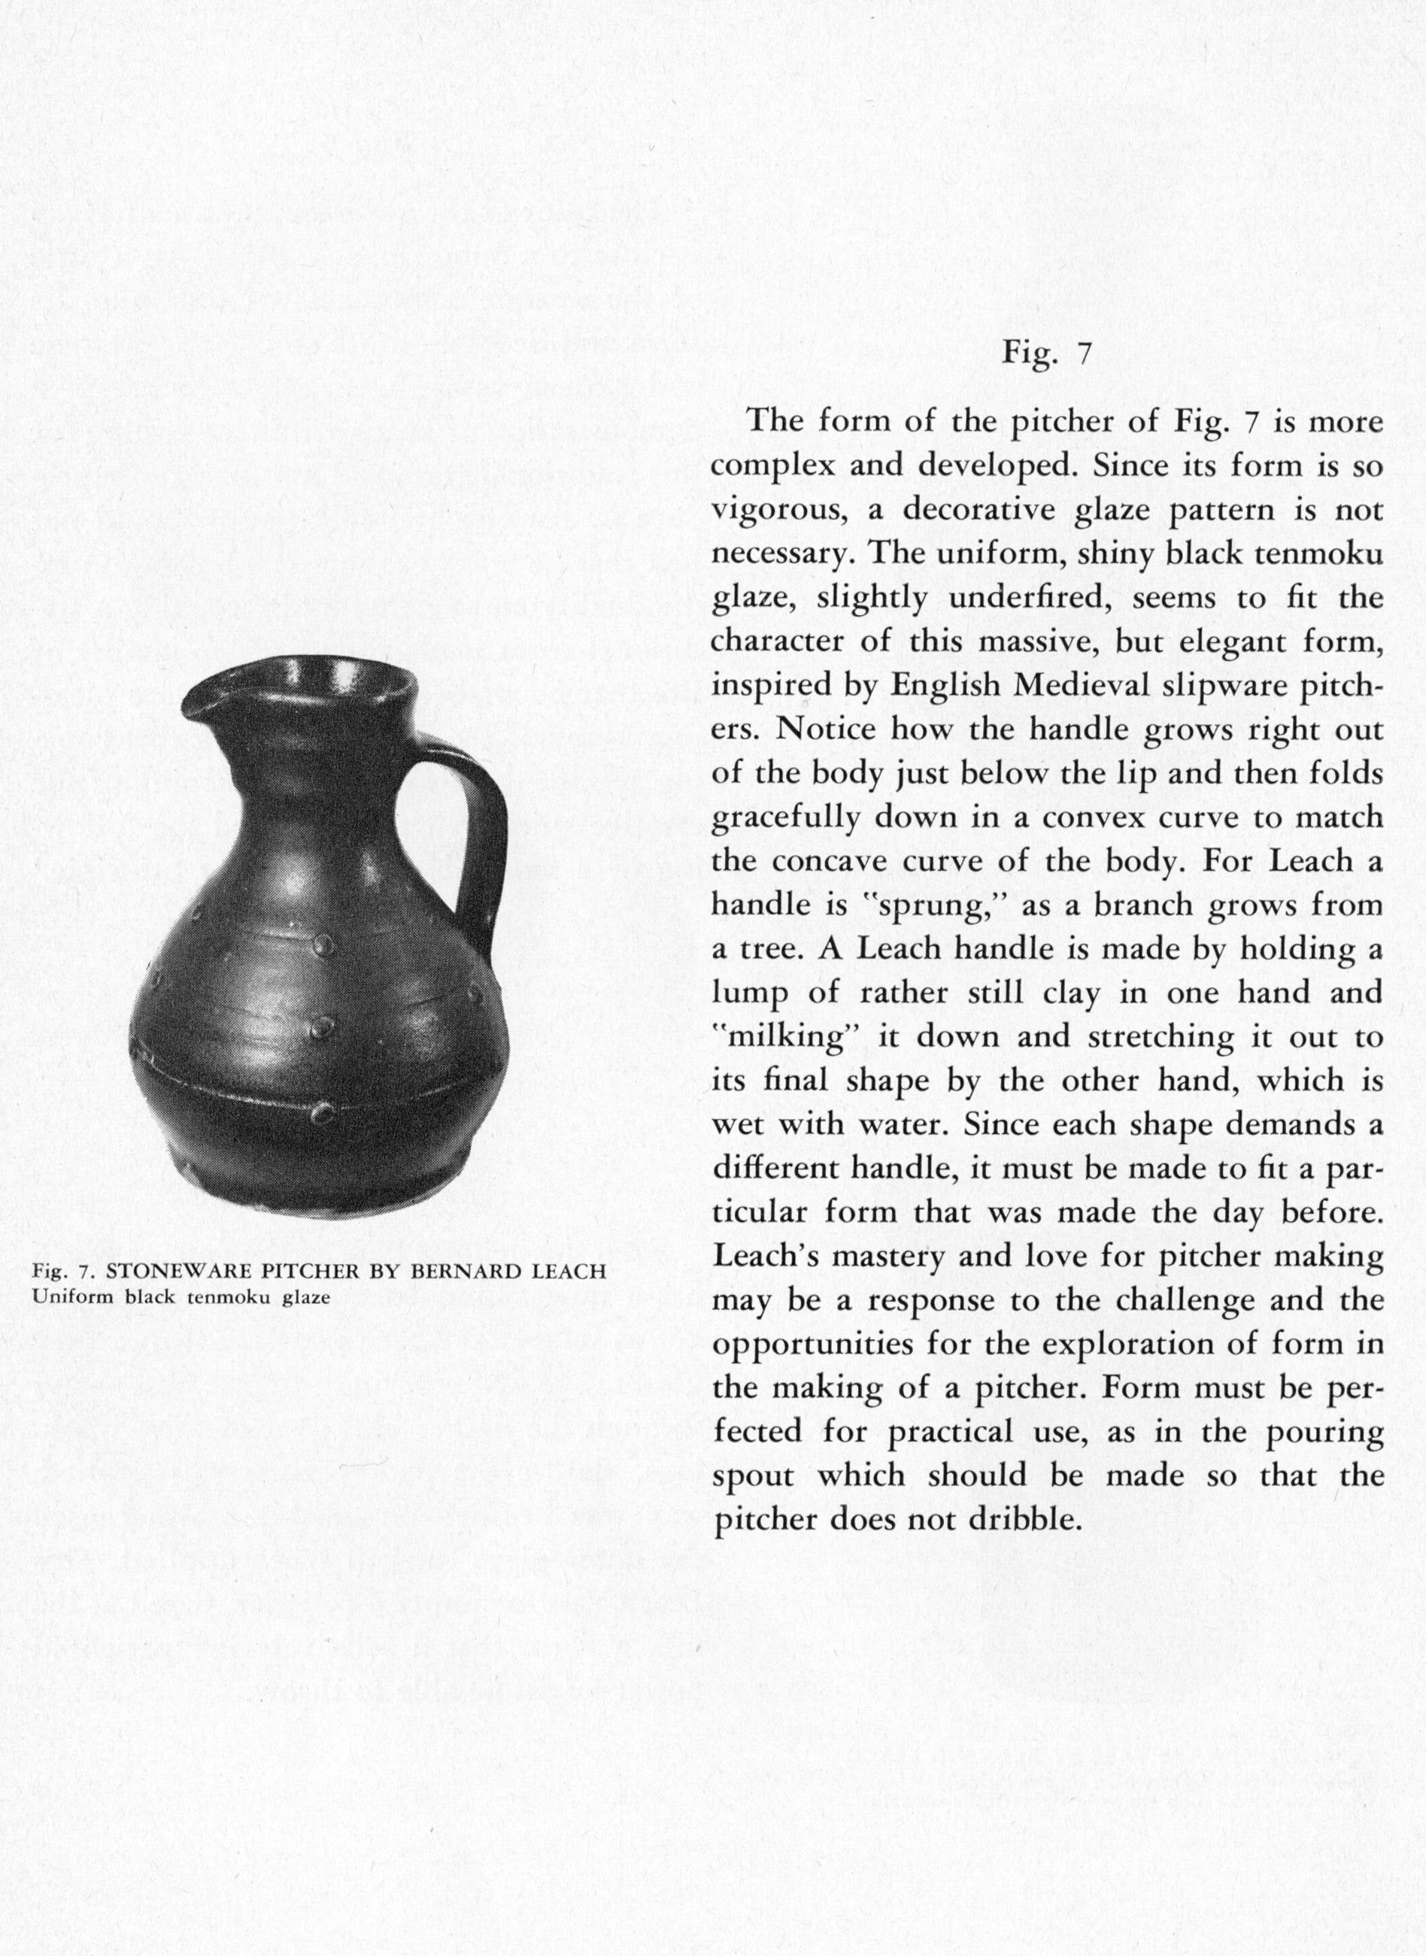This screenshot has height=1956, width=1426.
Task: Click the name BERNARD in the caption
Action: tap(463, 1272)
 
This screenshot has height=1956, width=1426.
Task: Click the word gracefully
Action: tap(784, 818)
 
